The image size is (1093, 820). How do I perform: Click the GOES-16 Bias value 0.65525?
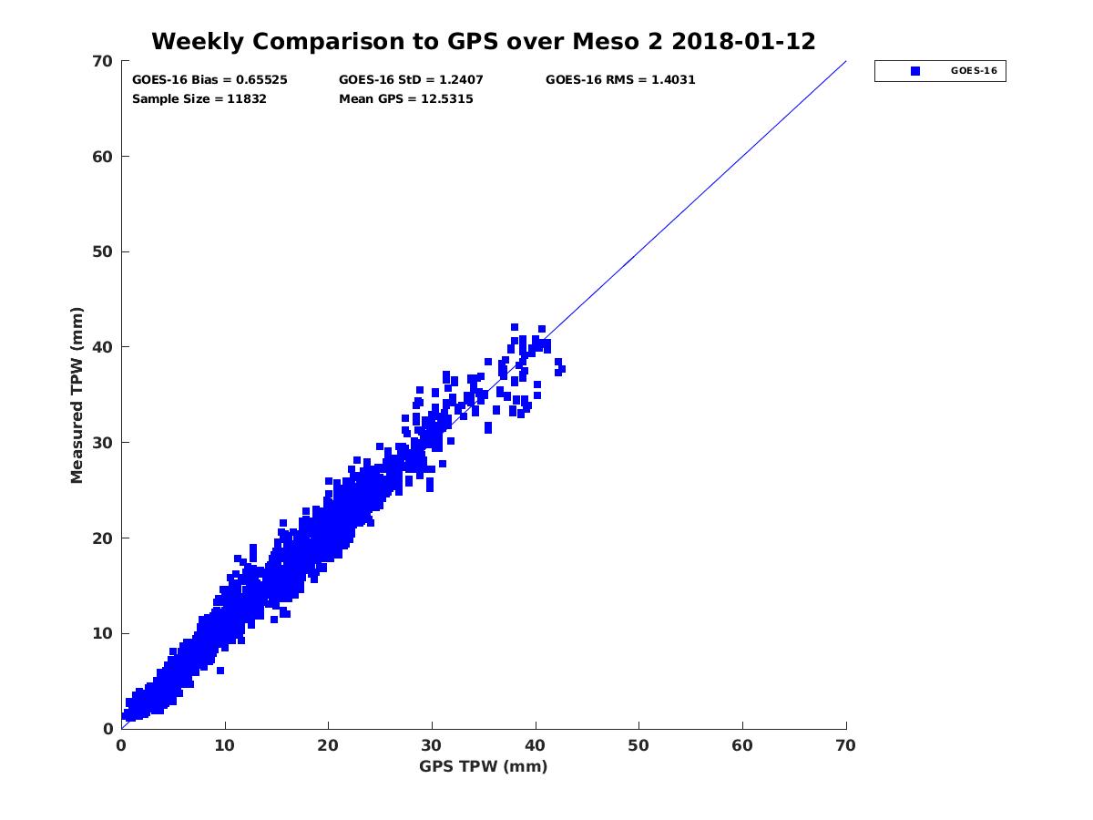(261, 80)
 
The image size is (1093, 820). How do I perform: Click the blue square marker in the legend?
(914, 71)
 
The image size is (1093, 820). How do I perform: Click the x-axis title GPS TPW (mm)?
(484, 766)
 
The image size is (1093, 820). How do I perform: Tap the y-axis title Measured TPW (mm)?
(77, 395)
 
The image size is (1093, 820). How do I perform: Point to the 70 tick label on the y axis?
(102, 61)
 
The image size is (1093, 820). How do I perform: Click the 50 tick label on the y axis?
(102, 251)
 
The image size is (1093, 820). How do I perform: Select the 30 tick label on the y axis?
(102, 443)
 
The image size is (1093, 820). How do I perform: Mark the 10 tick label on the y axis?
(102, 633)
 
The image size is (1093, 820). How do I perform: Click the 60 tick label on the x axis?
(742, 744)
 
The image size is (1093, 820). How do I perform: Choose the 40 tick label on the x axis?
(536, 744)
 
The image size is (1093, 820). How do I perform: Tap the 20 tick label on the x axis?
(329, 744)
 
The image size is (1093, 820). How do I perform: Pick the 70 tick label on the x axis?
(846, 744)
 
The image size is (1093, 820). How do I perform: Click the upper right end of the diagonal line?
(845, 62)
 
